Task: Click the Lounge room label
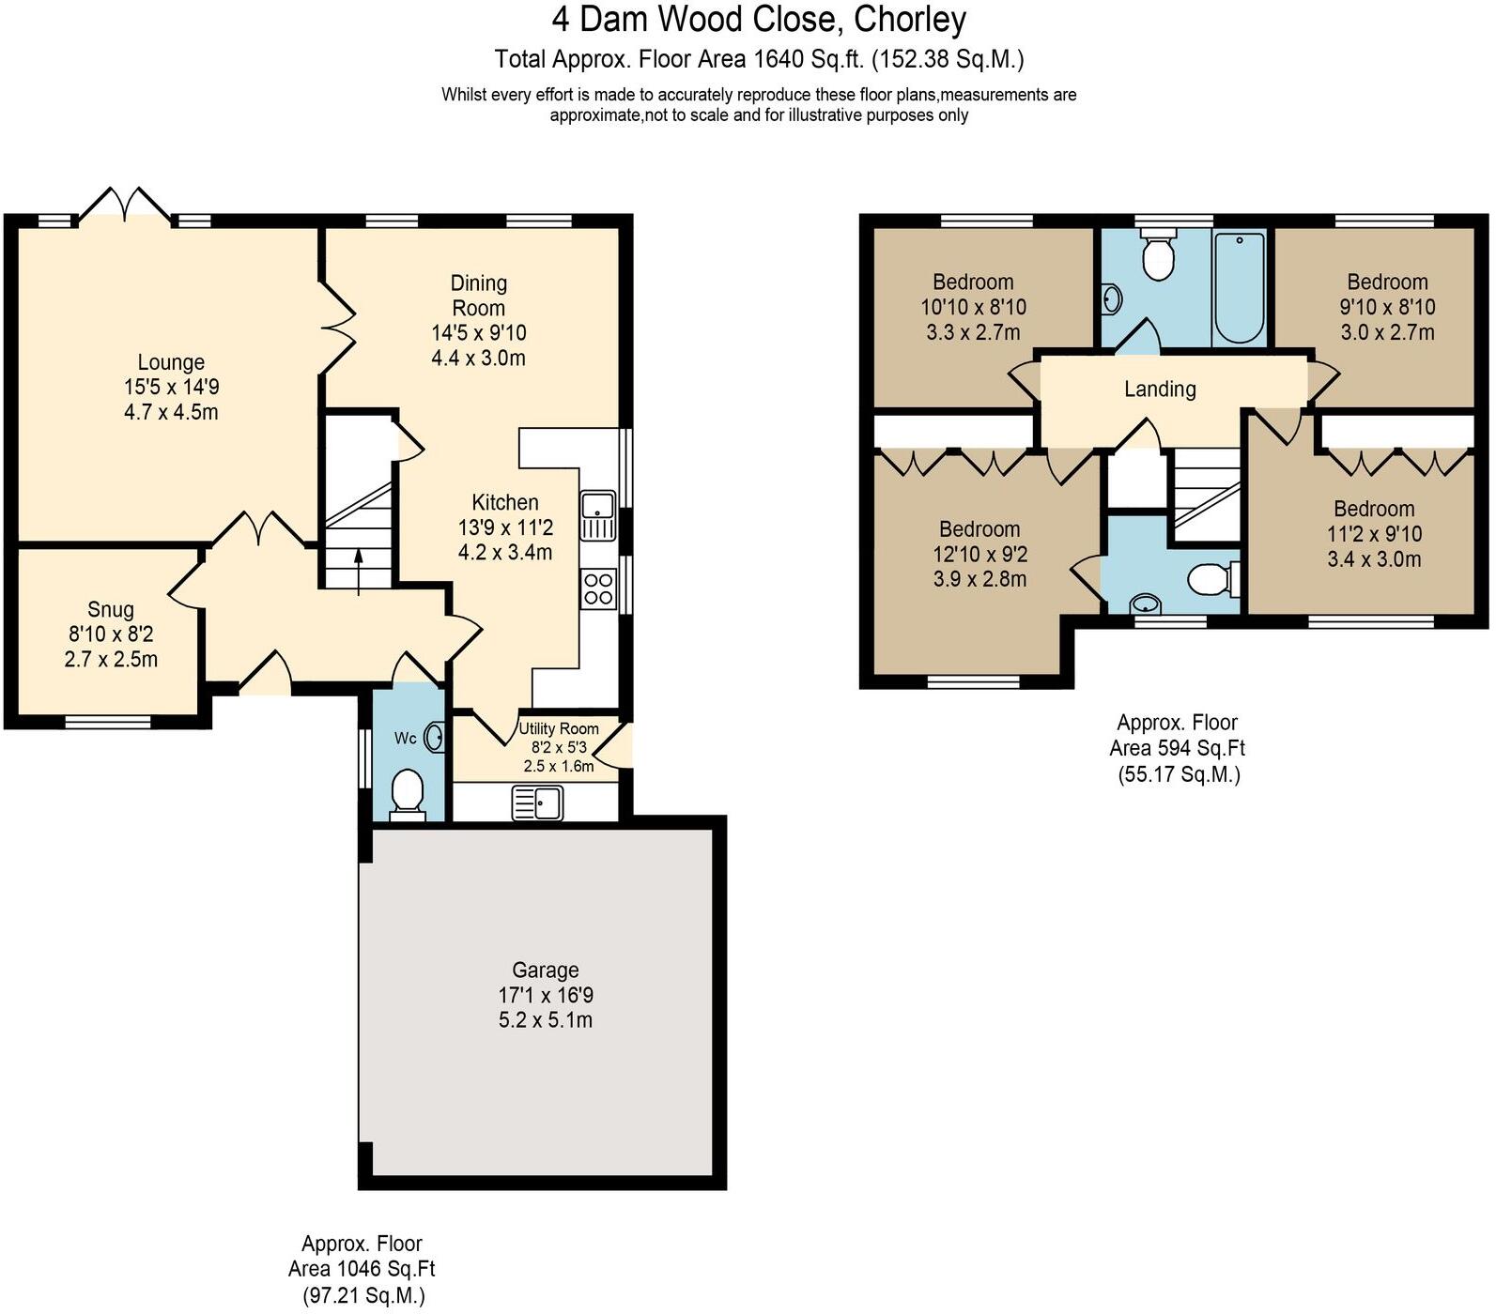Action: (x=171, y=362)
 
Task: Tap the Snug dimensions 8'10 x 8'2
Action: (x=111, y=634)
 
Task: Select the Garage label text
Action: (x=545, y=970)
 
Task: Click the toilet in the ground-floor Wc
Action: (x=408, y=792)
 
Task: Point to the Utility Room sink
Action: (x=537, y=803)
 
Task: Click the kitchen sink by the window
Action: (x=598, y=515)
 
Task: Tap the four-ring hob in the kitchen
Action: (x=598, y=588)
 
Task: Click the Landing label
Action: (x=1160, y=390)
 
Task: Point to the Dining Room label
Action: (x=478, y=296)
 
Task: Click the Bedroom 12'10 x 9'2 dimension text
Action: (x=979, y=555)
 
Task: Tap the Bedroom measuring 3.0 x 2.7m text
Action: (x=1387, y=332)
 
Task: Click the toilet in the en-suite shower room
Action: (x=1210, y=579)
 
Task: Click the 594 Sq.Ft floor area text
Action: (x=1177, y=749)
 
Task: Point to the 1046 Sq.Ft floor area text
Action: (x=362, y=1270)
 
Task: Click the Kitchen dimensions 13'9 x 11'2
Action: (x=505, y=527)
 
